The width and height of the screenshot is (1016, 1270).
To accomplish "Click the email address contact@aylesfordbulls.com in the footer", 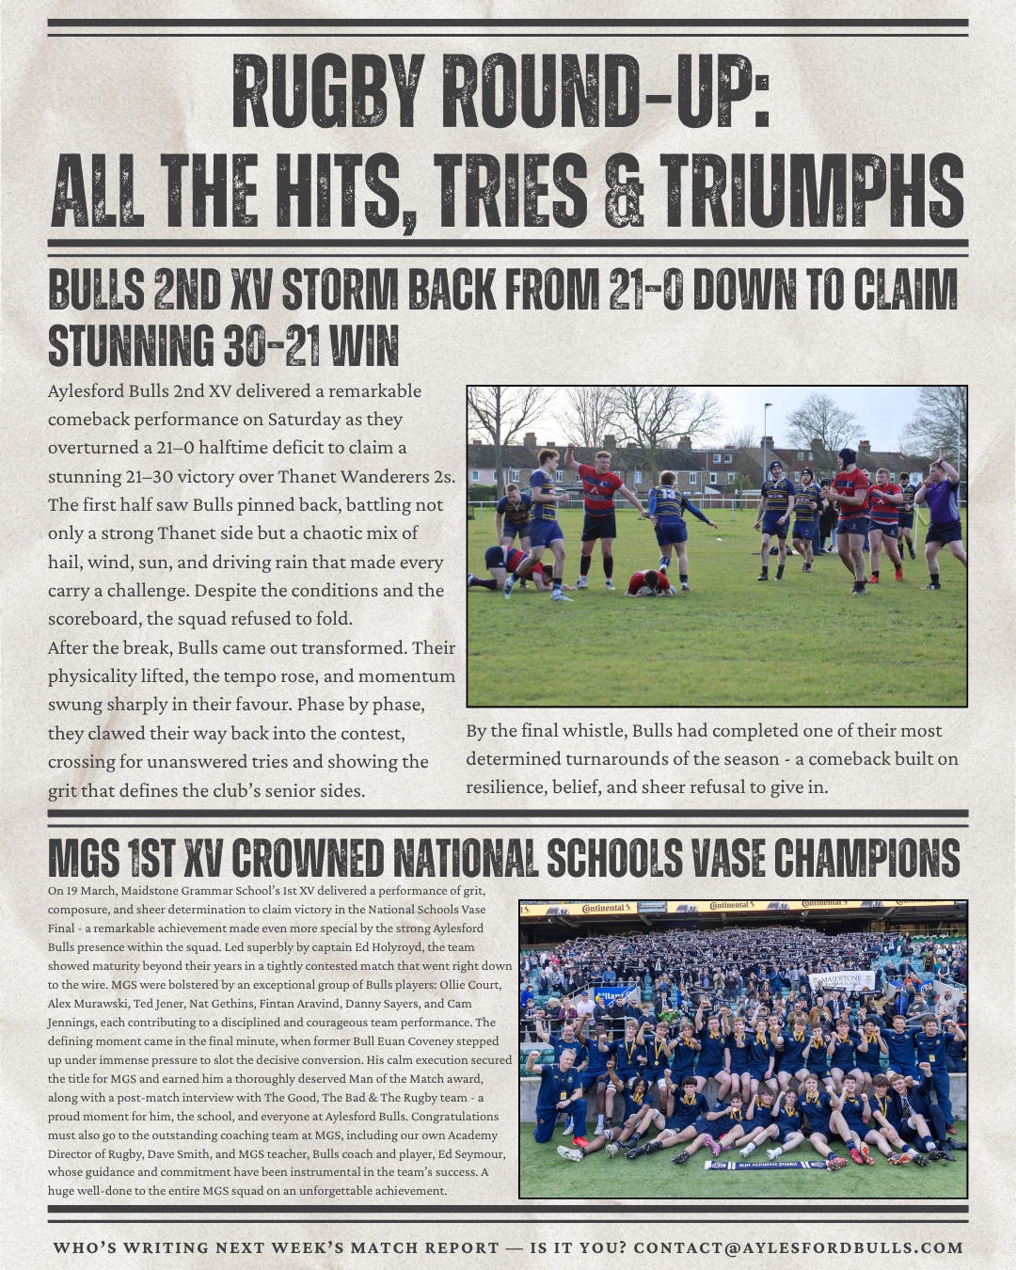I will coord(799,1247).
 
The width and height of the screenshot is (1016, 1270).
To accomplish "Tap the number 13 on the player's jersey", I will coord(667,493).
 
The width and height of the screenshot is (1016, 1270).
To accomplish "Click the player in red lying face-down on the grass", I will coord(648,583).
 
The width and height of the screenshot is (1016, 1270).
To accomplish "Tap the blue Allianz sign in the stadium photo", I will coord(610,995).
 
